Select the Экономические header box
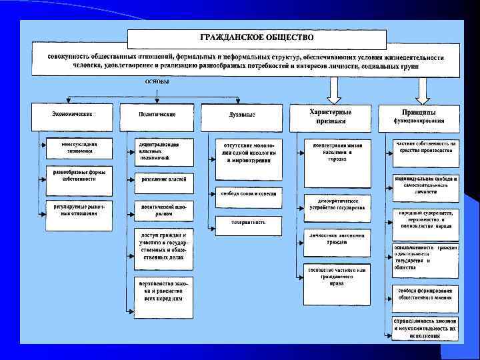(73, 115)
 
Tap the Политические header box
(157, 115)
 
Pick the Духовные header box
(242, 115)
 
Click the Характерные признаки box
(331, 116)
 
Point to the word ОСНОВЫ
(157, 82)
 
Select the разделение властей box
(163, 179)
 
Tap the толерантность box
(249, 222)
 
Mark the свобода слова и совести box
(249, 193)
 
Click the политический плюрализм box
(163, 211)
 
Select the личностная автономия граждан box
(337, 239)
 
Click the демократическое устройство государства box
(337, 204)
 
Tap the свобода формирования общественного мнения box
(425, 295)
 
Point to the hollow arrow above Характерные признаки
(333, 88)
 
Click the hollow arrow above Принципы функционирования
(421, 88)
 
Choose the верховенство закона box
(163, 290)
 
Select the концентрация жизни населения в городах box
(337, 151)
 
